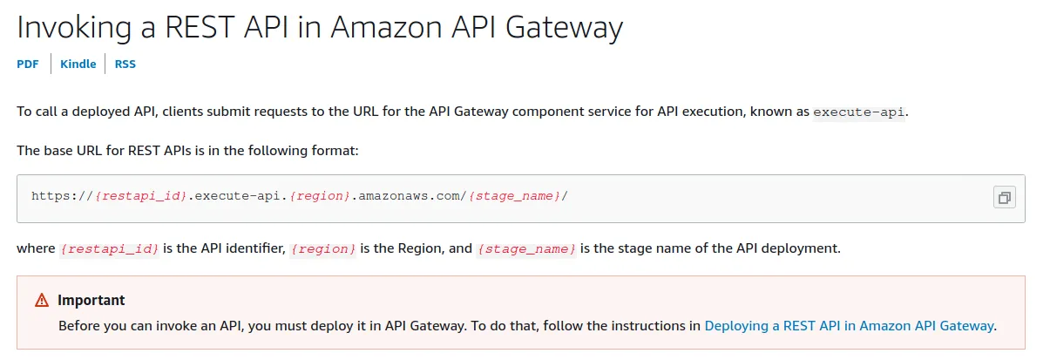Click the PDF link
28,64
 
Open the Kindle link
78,64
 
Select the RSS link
125,64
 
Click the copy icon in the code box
1004,197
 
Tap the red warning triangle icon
42,300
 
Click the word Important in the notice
91,300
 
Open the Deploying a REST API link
850,326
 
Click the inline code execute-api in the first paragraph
859,112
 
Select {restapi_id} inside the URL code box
140,196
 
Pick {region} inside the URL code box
320,196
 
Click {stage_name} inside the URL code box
515,196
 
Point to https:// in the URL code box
63,196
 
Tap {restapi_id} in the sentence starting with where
109,249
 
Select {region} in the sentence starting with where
323,249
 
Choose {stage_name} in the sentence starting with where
526,249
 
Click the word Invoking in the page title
74,28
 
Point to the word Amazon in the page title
386,27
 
